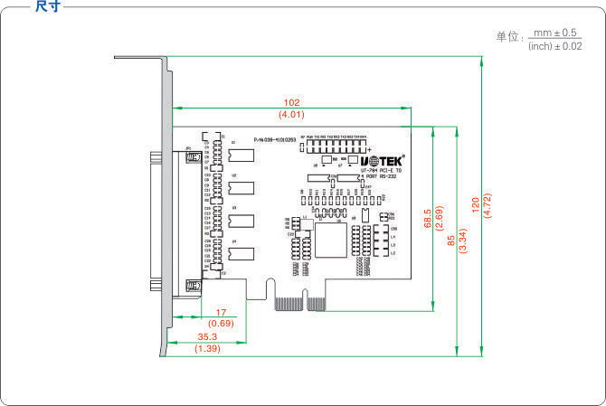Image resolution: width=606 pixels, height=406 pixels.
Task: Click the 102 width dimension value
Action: coord(291,103)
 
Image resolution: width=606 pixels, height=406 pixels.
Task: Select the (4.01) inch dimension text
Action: coord(291,115)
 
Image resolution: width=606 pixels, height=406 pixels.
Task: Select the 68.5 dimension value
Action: coord(427,219)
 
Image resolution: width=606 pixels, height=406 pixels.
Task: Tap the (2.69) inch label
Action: coord(439,219)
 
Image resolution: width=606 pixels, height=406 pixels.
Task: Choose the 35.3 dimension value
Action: coord(208,337)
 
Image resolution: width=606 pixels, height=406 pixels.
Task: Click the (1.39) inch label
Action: coord(208,348)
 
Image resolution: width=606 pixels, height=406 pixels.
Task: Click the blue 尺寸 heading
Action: coord(48,6)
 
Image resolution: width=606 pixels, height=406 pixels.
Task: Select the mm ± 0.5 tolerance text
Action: coord(555,33)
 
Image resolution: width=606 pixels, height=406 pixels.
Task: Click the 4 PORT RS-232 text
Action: coord(377,176)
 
